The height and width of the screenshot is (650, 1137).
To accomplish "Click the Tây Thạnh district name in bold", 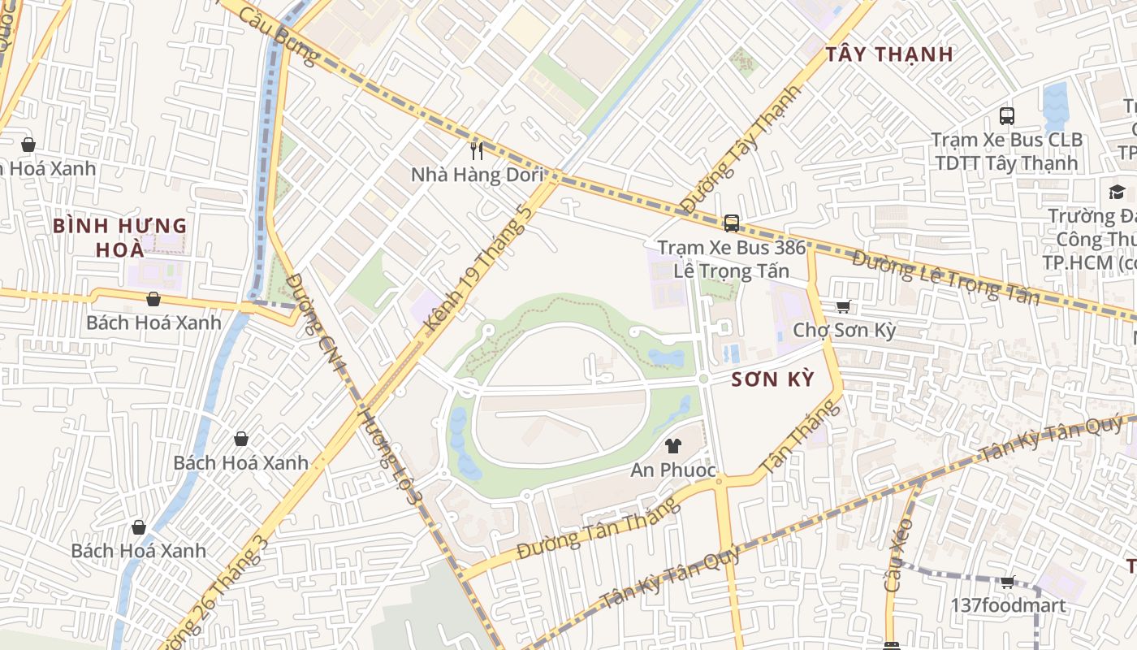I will pyautogui.click(x=889, y=54).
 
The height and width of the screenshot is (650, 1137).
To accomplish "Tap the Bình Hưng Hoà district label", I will pyautogui.click(x=120, y=236).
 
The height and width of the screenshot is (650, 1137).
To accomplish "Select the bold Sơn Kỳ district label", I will pyautogui.click(x=772, y=379).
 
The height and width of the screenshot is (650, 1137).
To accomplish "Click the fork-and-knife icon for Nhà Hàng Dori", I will pyautogui.click(x=477, y=150).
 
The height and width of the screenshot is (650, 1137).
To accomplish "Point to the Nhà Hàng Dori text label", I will pyautogui.click(x=477, y=175).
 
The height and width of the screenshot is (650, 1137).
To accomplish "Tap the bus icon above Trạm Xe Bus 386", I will pyautogui.click(x=731, y=223).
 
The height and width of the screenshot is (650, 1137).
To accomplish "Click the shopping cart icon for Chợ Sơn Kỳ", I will pyautogui.click(x=843, y=306).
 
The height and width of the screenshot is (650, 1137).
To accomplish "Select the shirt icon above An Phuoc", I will pyautogui.click(x=672, y=445).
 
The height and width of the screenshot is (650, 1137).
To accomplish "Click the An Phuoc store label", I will pyautogui.click(x=673, y=470).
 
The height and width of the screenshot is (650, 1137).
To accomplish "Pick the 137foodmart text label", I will pyautogui.click(x=1008, y=605).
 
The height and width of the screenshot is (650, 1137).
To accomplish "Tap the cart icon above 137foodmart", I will pyautogui.click(x=1007, y=582).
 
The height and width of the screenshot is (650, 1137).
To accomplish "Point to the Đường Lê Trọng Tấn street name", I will pyautogui.click(x=945, y=278).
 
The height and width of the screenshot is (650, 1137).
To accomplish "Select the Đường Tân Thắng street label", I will pyautogui.click(x=598, y=528).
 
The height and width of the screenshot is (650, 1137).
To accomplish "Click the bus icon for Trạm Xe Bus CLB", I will pyautogui.click(x=1007, y=115).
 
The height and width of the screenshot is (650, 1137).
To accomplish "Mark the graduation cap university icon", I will pyautogui.click(x=1117, y=192).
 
